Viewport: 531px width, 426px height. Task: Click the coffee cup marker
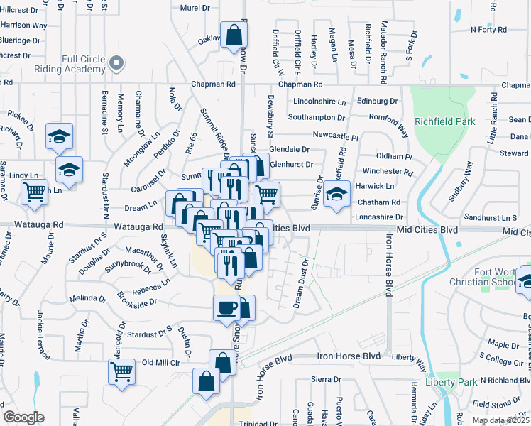(x=226, y=307)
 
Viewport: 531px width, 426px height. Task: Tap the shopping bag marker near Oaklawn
(x=234, y=35)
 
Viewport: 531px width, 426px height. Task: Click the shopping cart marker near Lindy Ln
(x=34, y=192)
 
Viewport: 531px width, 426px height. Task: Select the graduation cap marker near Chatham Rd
(x=337, y=195)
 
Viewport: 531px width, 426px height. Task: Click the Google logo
(x=23, y=417)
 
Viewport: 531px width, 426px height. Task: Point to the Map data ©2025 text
(x=501, y=420)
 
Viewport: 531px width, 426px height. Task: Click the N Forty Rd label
(x=488, y=30)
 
